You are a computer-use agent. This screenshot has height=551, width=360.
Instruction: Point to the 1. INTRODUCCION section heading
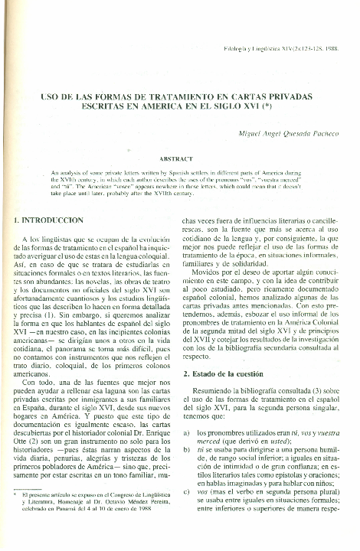click(50, 220)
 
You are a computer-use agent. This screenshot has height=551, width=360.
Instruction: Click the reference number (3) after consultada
click(316, 392)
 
